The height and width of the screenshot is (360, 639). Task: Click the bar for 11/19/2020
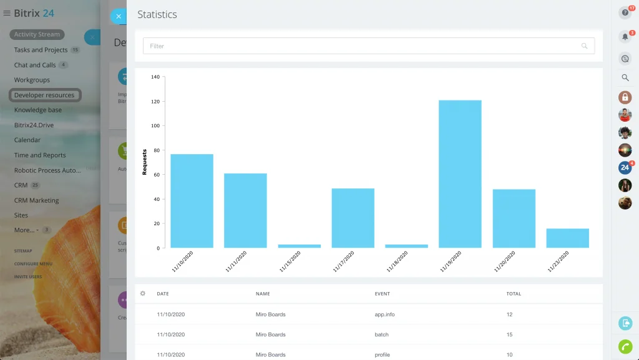pos(460,174)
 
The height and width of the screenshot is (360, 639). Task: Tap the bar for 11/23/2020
pos(567,238)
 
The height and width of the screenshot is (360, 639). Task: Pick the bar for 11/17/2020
pos(353,218)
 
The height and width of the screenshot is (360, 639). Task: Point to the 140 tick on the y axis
pos(155,77)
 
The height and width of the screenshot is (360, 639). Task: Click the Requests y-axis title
pos(145,162)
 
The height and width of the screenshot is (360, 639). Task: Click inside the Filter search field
pos(362,46)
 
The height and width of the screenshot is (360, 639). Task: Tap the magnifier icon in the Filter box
pos(585,46)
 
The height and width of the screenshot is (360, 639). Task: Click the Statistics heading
pos(157,14)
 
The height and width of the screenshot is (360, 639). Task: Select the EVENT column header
pos(383,294)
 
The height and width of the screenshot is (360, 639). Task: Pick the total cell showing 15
pos(509,334)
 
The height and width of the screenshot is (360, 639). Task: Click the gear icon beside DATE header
pos(143,293)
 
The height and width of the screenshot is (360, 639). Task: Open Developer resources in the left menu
pos(44,95)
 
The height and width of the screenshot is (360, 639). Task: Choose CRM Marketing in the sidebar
pos(36,200)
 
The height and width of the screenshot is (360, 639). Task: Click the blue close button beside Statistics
pos(119,16)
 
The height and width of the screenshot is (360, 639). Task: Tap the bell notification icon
pos(625,37)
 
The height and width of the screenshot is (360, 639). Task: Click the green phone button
pos(625,346)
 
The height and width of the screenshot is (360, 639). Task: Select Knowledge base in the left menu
pos(38,110)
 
